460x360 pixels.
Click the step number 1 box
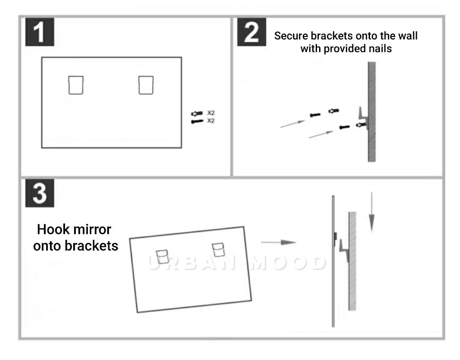[x=40, y=32]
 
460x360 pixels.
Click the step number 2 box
[x=252, y=32]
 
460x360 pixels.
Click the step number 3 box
[x=40, y=193]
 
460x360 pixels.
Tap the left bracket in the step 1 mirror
[x=76, y=84]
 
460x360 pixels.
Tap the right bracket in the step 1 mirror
[x=146, y=84]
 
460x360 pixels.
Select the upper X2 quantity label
[x=211, y=113]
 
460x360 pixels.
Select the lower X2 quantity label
[x=211, y=121]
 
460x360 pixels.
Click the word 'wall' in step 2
[x=408, y=36]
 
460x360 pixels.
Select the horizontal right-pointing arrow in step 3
[x=278, y=242]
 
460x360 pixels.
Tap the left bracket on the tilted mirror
[x=162, y=256]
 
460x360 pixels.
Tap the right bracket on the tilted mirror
[x=218, y=250]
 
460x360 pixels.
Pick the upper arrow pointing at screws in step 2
[x=293, y=123]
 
